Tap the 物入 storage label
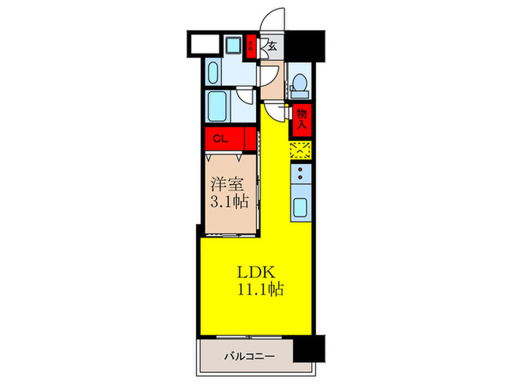(301, 118)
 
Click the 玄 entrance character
(271, 46)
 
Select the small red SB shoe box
(250, 47)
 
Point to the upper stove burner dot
(301, 174)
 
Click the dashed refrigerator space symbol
(300, 150)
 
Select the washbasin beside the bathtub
(214, 73)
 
